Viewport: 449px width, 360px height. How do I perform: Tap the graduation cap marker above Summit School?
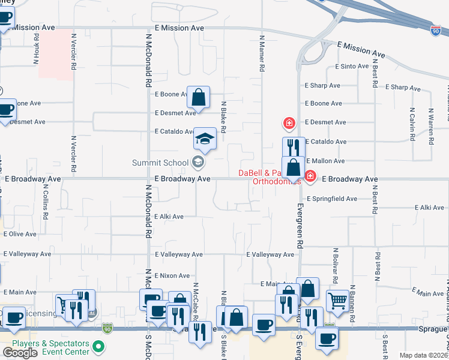click(205, 139)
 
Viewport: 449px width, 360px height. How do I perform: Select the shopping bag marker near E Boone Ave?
click(198, 97)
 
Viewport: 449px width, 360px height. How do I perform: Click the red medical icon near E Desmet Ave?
click(289, 124)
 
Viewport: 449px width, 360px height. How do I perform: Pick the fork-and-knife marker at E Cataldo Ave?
click(294, 147)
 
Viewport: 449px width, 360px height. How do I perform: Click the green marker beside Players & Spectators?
click(100, 347)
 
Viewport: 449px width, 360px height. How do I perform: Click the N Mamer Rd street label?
click(262, 54)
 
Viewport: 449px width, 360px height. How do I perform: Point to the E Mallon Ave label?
click(325, 161)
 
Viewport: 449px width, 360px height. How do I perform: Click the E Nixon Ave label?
click(172, 275)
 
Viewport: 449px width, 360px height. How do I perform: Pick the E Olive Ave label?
click(20, 234)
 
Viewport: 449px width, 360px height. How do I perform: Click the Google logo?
click(20, 353)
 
